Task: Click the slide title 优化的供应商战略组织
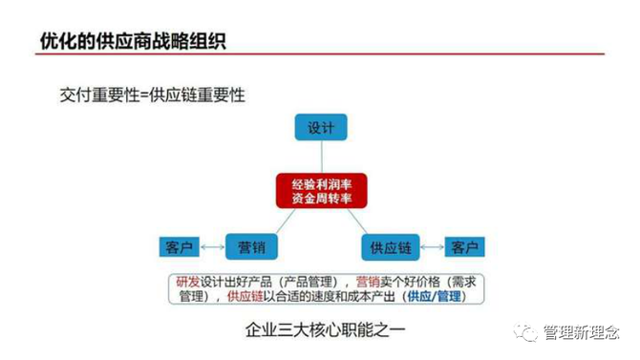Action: point(133,42)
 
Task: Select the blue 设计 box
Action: point(320,127)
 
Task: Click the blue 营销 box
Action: point(251,246)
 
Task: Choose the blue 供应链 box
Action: point(390,246)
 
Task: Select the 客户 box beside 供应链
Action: point(464,247)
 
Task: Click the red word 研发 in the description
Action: point(187,281)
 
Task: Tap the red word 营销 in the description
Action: point(368,281)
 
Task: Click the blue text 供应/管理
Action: point(433,296)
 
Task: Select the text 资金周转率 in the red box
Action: point(320,197)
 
